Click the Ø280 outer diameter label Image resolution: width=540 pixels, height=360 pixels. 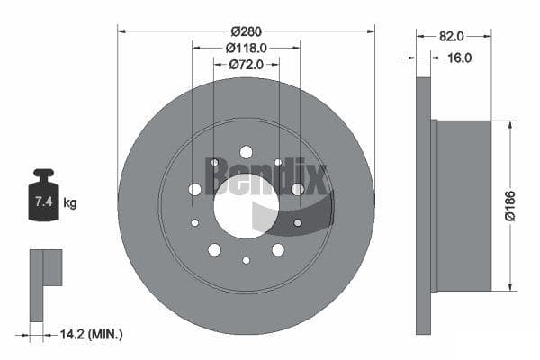pyautogui.click(x=247, y=31)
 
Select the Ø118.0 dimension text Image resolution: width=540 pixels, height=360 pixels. pyautogui.click(x=247, y=49)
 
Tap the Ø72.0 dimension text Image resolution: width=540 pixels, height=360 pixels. pyautogui.click(x=247, y=65)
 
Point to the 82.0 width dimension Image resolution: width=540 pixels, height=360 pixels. pyautogui.click(x=452, y=36)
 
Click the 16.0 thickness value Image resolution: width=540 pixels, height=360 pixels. pyautogui.click(x=459, y=58)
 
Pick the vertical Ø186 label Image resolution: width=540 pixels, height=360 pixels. pyautogui.click(x=510, y=205)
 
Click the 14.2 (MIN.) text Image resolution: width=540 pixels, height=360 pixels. pyautogui.click(x=91, y=334)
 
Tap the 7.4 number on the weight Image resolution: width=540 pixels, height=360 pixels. pyautogui.click(x=44, y=202)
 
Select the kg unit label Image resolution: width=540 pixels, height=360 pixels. pyautogui.click(x=70, y=202)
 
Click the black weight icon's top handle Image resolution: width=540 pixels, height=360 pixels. pyautogui.click(x=44, y=172)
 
